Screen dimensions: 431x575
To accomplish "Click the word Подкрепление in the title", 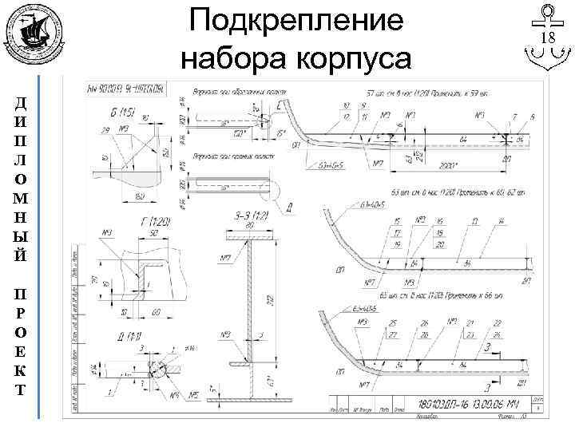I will point(296,22).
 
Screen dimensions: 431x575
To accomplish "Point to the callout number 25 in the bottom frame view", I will point(393,322).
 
